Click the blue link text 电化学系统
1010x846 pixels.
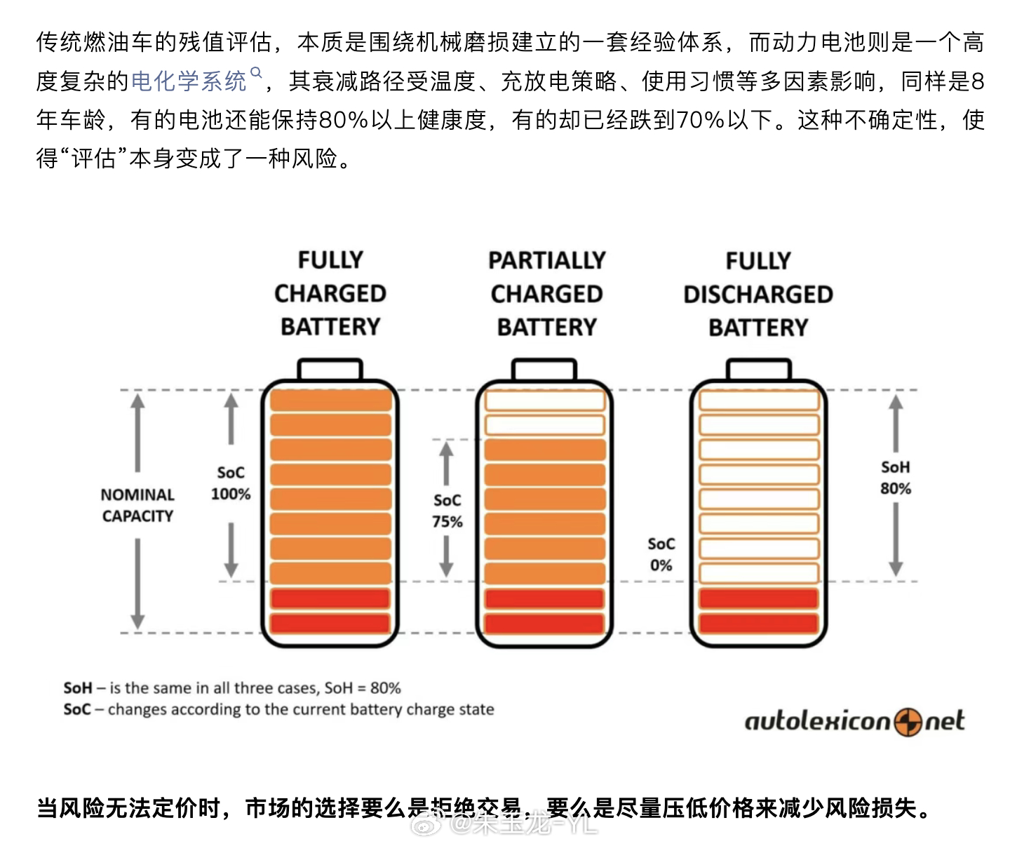188,81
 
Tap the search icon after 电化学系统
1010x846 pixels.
256,73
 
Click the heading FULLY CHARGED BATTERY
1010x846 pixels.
330,293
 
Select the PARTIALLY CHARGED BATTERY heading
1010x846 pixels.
546,294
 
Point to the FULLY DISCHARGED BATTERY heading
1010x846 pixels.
758,295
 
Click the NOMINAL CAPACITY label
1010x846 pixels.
137,505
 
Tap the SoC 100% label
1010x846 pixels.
231,483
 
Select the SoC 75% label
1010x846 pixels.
447,511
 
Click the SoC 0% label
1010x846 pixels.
661,554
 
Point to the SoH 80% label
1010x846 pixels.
896,478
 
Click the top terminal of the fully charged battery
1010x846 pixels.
330,370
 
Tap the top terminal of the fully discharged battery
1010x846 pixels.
759,370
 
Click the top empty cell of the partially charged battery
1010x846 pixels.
545,401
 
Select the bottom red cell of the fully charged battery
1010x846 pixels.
330,623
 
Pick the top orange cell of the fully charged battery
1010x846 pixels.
330,401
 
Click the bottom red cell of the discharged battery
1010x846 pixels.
759,623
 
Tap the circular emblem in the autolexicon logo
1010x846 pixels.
908,722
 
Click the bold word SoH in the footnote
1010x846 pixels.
78,688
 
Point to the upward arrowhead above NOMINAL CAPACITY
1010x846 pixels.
137,402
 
